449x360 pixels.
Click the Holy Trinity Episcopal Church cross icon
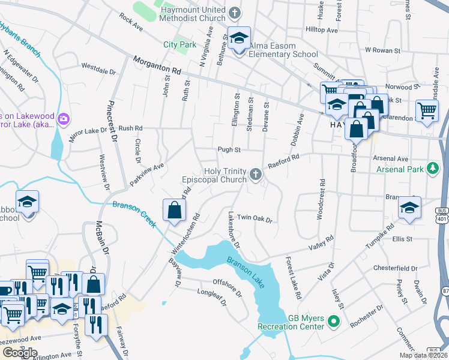tap(256, 175)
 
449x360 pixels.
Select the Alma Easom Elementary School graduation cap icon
tap(239, 39)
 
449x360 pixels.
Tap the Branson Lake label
tap(246, 272)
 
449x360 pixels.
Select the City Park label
tap(180, 44)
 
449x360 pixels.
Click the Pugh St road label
tap(229, 150)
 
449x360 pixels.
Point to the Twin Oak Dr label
tap(255, 218)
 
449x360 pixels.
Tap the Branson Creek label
tap(134, 214)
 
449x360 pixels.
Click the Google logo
tap(20, 353)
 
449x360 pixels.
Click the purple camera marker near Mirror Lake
tap(63, 119)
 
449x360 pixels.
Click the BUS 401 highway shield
tap(442, 214)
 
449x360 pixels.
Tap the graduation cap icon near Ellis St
tap(409, 208)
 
